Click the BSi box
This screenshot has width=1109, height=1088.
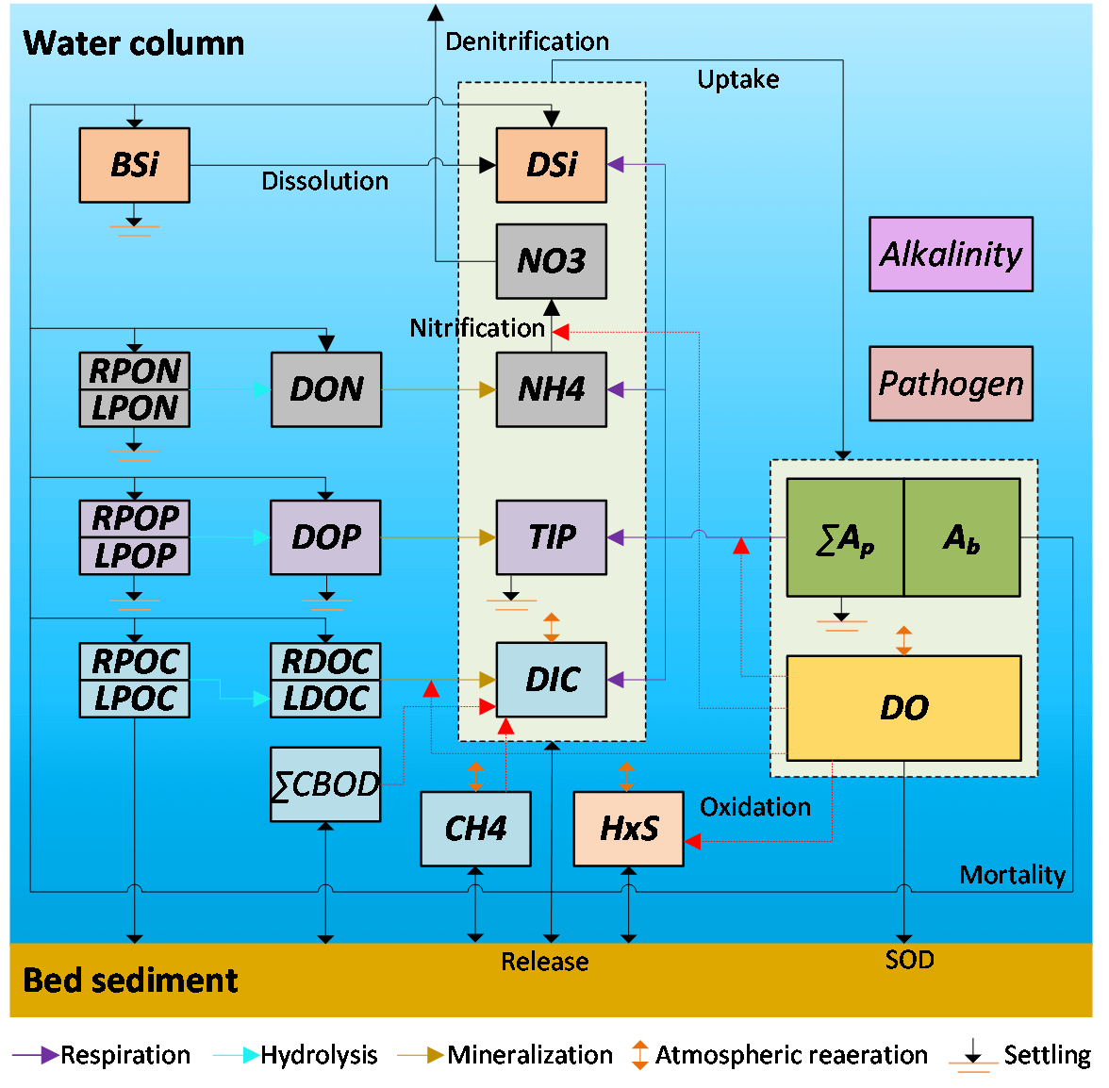pos(134,165)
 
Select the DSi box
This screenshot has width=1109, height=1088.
pos(551,165)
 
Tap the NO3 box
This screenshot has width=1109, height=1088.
pos(551,261)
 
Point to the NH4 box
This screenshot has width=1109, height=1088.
pos(551,389)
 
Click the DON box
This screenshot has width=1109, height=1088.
pos(326,389)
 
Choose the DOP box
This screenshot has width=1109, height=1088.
pos(325,537)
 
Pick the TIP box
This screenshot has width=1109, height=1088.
pos(551,537)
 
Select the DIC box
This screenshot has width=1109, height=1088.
pos(551,680)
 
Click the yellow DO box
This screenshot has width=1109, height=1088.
pos(903,708)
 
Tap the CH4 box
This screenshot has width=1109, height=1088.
pos(475,829)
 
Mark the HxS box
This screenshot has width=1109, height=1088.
pos(628,829)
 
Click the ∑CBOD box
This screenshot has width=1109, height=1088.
pos(325,784)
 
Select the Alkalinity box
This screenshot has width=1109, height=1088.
pos(951,255)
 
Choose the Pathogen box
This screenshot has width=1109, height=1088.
pos(951,384)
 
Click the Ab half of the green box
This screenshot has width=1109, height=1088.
pos(962,538)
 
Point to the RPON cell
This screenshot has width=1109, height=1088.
pos(134,371)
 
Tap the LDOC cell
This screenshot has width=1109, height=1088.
pos(325,700)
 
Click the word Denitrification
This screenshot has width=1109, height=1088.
pos(526,41)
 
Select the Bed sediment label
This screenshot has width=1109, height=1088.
pos(130,981)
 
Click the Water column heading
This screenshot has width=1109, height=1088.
pos(134,43)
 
